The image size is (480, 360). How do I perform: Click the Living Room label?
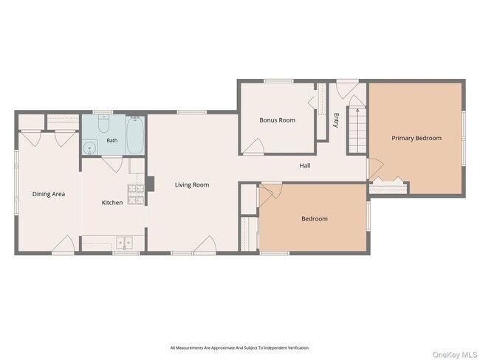point(192,184)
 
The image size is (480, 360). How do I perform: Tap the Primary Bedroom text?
point(416,138)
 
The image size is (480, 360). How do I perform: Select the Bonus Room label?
point(278,120)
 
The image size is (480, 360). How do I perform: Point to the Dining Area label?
point(49,194)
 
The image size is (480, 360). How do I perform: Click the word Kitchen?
point(112,202)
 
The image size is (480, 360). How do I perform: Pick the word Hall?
point(305,165)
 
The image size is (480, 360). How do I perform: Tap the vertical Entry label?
point(337,120)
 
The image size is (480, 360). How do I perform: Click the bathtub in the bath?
point(135,135)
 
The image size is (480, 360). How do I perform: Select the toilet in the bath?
point(103,123)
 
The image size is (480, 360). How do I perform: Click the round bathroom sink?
point(89,148)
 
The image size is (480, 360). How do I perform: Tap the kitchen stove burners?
point(136,194)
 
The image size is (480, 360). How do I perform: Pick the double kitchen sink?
point(124,243)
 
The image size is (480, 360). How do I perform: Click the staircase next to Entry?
point(357,130)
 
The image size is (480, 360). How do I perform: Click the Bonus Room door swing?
point(254,145)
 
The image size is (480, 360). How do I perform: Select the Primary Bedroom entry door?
point(376,169)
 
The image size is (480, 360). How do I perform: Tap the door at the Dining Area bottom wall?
point(63,243)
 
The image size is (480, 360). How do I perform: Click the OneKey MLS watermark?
point(455,355)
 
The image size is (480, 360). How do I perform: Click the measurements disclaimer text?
point(240,347)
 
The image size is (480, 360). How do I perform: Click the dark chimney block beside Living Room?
point(150,184)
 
